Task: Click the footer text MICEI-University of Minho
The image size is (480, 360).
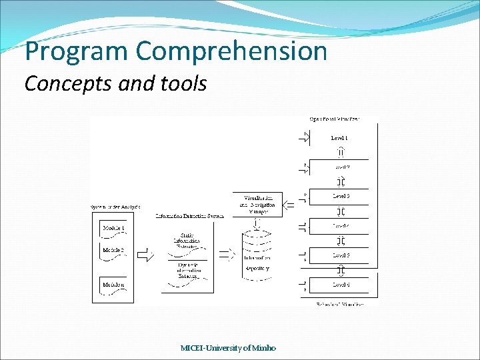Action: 228,347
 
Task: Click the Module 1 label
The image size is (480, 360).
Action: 113,228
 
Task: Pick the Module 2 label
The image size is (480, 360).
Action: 113,250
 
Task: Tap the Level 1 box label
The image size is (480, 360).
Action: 340,137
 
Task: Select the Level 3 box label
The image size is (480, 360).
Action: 341,196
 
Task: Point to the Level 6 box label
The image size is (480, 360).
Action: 340,285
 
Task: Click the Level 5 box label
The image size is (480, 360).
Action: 340,255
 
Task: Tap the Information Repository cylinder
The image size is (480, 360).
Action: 257,257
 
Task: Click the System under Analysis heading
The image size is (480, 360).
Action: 115,207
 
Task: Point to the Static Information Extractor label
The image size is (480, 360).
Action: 187,241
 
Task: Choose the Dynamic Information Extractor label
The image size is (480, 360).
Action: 187,270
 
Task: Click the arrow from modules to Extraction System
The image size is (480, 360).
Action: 145,254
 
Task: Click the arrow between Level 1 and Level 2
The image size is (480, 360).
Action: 340,152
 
